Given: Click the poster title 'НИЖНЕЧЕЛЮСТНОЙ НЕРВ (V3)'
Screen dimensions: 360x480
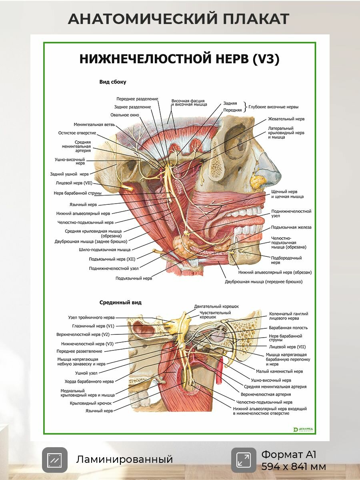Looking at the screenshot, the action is click(x=180, y=59).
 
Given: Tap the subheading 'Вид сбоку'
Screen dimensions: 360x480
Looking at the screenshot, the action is click(x=113, y=82).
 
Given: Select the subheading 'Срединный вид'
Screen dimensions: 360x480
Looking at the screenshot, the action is click(x=120, y=302).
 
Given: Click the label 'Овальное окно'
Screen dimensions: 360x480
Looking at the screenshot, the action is click(x=124, y=115).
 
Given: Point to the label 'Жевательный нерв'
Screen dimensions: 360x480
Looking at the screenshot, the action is click(x=286, y=119).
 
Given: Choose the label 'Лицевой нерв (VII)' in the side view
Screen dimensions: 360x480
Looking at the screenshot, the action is click(x=74, y=183).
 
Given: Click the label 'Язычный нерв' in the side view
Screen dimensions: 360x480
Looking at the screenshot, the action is click(x=83, y=205).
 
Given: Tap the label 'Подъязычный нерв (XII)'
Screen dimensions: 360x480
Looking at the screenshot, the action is click(x=112, y=259).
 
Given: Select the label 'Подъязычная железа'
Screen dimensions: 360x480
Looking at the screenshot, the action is click(x=291, y=227).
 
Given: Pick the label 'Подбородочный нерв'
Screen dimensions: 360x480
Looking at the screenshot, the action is click(x=286, y=260).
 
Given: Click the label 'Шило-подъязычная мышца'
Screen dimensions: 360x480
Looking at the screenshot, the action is click(x=105, y=250).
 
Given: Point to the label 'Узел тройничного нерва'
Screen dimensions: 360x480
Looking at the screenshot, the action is click(x=91, y=317).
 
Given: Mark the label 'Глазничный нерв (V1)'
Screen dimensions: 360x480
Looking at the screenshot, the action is click(x=93, y=326).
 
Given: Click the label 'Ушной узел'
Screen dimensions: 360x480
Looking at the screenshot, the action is click(x=86, y=373).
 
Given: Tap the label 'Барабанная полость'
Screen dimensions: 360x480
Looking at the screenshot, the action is click(x=288, y=328).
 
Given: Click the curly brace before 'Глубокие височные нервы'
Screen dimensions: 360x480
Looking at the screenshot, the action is click(x=246, y=107).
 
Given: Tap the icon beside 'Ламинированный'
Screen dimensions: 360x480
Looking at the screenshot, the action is click(x=55, y=460).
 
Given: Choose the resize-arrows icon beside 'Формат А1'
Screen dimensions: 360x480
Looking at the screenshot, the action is click(x=244, y=460).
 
